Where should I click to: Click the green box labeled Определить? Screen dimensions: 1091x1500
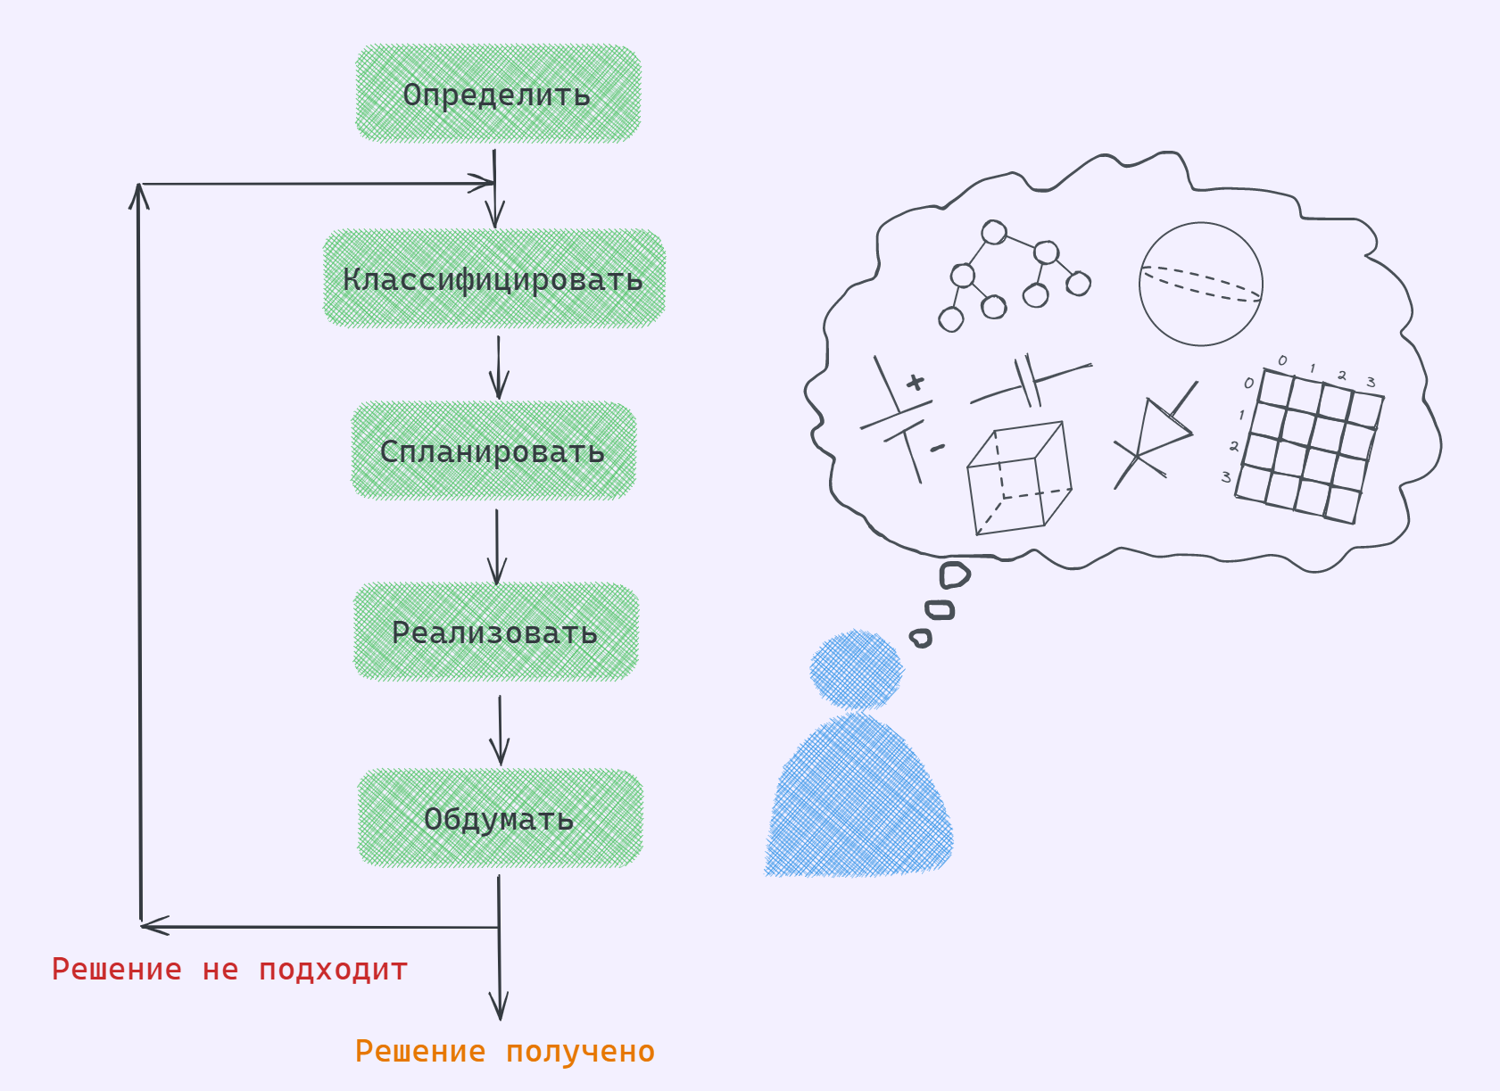498,94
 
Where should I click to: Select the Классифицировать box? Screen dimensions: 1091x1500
493,278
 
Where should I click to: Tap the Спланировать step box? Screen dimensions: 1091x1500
493,450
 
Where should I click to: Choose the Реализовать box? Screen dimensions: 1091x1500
495,632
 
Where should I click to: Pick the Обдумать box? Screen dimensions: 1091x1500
499,818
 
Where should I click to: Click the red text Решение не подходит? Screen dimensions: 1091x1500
229,969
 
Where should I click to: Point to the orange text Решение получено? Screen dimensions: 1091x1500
504,1051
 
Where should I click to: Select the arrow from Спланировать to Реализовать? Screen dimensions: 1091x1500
497,545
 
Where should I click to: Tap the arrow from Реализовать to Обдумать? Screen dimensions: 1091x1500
500,729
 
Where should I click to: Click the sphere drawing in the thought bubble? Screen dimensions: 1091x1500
1200,284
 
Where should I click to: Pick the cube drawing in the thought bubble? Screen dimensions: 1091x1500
1018,479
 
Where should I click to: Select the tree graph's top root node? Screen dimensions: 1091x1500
993,233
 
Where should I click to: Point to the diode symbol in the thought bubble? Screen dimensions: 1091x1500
1158,433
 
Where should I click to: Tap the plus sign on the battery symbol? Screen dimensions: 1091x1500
915,383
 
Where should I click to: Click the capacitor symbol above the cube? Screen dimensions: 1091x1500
1030,382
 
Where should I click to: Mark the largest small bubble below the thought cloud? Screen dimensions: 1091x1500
954,575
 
